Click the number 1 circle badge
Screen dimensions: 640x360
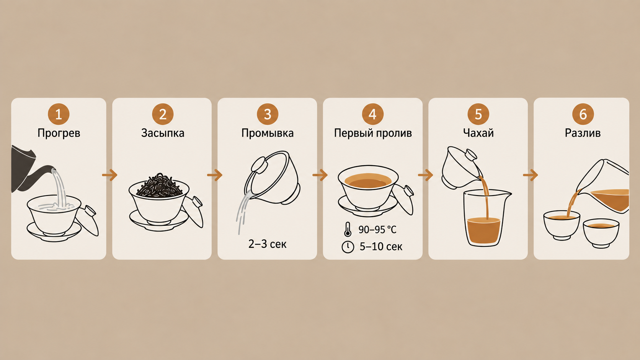(x=59, y=114)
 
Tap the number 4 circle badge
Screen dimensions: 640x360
(x=372, y=114)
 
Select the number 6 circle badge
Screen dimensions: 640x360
(x=583, y=114)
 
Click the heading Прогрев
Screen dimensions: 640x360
(x=59, y=133)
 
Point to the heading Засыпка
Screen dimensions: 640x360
(x=163, y=133)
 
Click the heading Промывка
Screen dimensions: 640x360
(x=268, y=133)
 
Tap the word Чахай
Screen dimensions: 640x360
(x=478, y=133)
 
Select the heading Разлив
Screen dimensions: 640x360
(x=583, y=133)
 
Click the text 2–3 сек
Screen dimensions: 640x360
(x=267, y=244)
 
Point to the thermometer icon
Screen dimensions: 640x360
(x=348, y=229)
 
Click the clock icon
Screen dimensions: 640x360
(x=348, y=247)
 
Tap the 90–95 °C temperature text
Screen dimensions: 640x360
(x=377, y=230)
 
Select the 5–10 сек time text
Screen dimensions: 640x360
(x=381, y=247)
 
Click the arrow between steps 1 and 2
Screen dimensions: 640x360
(x=110, y=175)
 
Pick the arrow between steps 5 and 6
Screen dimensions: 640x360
(x=531, y=175)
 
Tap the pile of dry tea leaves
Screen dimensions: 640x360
(x=159, y=185)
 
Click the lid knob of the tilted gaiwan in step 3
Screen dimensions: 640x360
(x=259, y=165)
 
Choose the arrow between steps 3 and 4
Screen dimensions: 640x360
(x=320, y=175)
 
